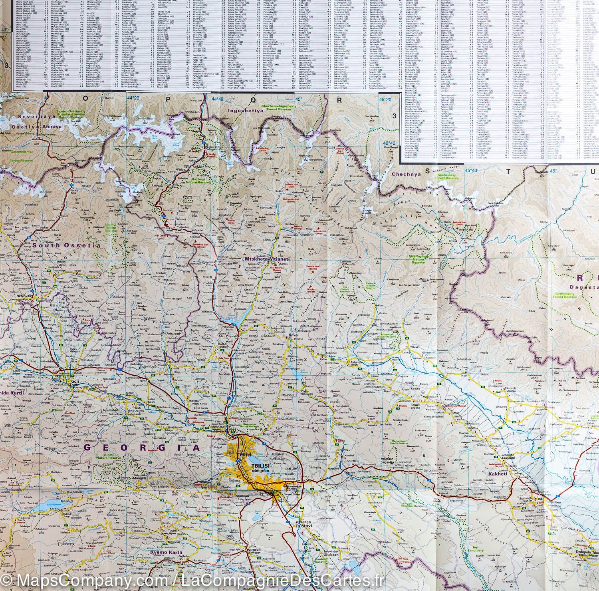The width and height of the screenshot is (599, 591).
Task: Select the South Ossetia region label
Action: click(x=67, y=245)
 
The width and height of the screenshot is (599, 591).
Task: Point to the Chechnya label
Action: click(x=407, y=174)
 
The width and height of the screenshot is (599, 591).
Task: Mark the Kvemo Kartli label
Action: click(x=166, y=553)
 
